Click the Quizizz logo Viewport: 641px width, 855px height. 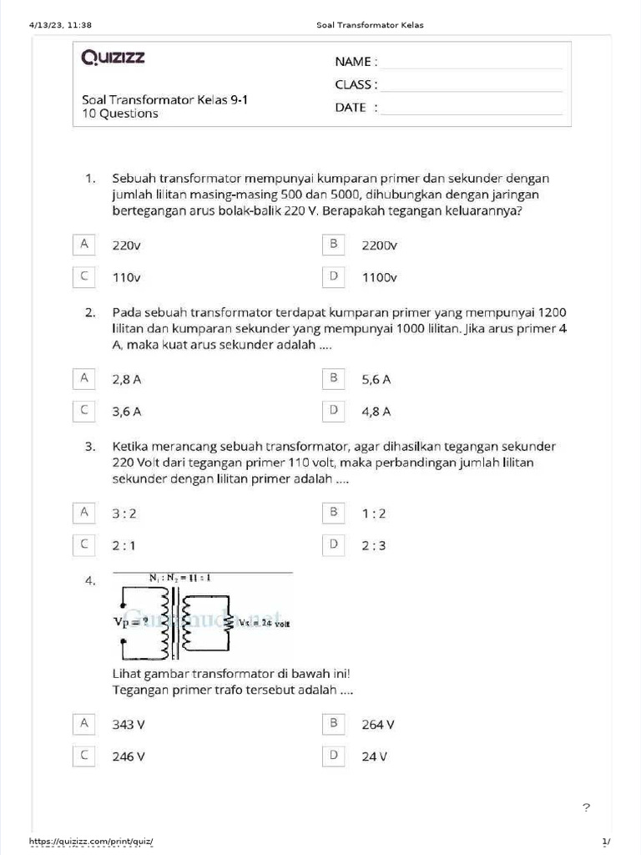[x=113, y=58]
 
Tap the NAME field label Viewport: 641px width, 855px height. [x=356, y=62]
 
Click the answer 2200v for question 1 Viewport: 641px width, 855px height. [x=380, y=245]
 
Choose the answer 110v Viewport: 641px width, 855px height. [x=127, y=277]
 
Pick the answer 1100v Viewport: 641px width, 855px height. [x=380, y=277]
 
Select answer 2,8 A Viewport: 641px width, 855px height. [x=127, y=379]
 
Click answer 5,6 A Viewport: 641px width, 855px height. [x=376, y=379]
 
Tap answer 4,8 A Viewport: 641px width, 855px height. [x=376, y=411]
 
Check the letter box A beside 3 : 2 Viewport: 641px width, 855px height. [x=83, y=512]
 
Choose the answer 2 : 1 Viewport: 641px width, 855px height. [x=124, y=546]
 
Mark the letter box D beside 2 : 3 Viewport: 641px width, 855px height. [x=333, y=545]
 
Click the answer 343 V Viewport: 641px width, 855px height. [x=129, y=725]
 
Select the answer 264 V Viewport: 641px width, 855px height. [x=378, y=725]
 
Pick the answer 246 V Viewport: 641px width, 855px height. [x=129, y=756]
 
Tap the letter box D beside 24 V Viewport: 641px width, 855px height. [x=333, y=756]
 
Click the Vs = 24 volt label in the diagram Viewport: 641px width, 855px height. [x=265, y=623]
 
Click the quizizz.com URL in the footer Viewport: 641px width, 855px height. [x=92, y=841]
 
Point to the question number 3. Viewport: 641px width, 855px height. [x=91, y=447]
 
